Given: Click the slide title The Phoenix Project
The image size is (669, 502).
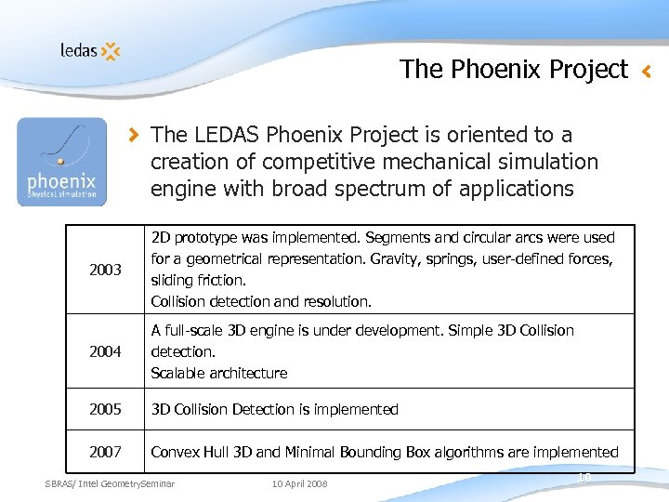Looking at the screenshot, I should (514, 69).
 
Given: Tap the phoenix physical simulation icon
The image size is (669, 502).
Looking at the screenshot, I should (62, 162).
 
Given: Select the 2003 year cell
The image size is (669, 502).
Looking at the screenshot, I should (105, 270).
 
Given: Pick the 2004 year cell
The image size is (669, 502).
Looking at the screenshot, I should (105, 351).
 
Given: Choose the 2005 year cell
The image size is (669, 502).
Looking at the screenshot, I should (105, 409).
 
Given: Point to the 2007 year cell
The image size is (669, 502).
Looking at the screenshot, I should (105, 452).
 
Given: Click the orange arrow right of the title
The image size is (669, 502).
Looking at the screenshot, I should (648, 70).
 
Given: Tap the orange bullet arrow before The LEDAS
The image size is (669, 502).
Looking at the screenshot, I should (136, 136).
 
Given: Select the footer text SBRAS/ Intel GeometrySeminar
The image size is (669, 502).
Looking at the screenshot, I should (110, 483).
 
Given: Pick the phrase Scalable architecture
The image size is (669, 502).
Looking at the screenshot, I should (219, 373).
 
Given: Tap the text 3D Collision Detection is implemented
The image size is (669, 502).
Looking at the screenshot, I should (274, 409).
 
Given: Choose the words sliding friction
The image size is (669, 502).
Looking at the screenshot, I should (195, 280).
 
